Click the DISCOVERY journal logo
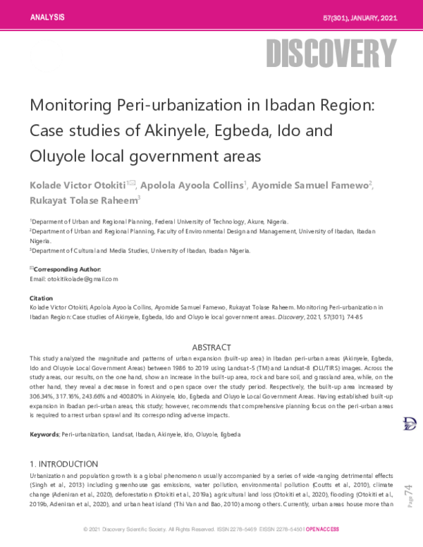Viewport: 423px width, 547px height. tap(331, 52)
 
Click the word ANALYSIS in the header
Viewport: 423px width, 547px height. tap(47, 16)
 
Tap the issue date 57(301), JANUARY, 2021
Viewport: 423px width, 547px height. tap(360, 16)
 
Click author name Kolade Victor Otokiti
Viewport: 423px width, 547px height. tap(76, 185)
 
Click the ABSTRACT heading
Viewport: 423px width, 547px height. tap(211, 348)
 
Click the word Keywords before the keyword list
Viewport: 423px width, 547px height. tap(44, 435)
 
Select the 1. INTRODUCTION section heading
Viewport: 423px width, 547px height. tap(63, 464)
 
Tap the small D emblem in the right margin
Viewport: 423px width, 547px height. tap(407, 423)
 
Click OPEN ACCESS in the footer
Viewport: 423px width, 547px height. tap(323, 529)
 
